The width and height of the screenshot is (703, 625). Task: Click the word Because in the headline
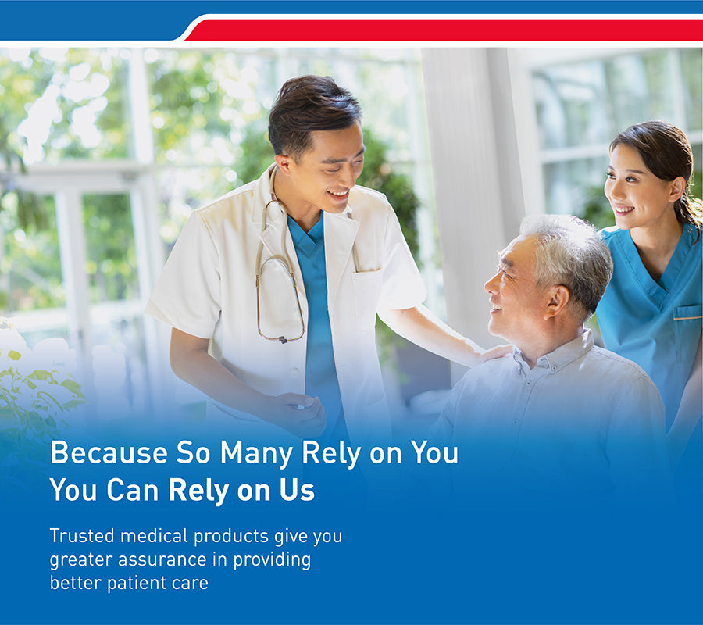click(x=109, y=452)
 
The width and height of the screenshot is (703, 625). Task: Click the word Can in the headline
click(x=132, y=489)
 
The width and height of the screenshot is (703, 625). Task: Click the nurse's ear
click(x=676, y=189)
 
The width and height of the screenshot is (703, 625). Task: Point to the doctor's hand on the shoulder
click(x=495, y=352)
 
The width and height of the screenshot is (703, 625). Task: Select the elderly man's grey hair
click(x=569, y=255)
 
